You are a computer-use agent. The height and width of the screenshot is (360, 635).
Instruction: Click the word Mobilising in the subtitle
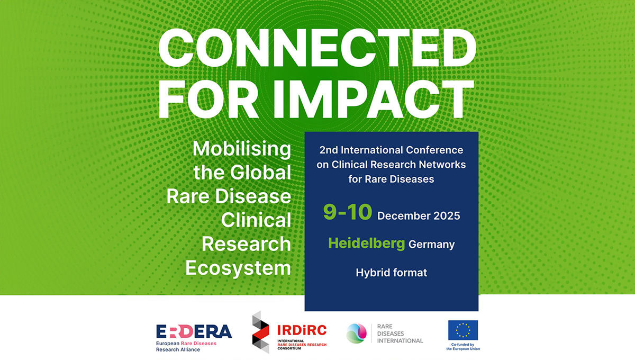(x=242, y=149)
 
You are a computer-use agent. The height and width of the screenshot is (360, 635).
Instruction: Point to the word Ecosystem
(x=238, y=268)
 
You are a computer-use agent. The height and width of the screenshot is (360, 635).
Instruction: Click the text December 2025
(x=419, y=216)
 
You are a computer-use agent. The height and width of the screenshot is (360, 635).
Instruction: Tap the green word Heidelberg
(x=367, y=243)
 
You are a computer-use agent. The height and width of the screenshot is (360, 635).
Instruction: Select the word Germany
(x=432, y=245)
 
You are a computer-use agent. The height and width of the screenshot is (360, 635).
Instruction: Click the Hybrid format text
(x=391, y=273)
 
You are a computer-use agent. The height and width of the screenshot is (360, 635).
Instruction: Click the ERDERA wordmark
(x=194, y=331)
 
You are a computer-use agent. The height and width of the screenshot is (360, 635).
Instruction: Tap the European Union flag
(x=462, y=330)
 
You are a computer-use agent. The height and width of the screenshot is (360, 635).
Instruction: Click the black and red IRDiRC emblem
(x=261, y=332)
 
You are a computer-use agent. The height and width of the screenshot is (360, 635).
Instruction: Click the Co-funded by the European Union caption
(x=462, y=347)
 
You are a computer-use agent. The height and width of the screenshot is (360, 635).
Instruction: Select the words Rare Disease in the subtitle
(x=229, y=196)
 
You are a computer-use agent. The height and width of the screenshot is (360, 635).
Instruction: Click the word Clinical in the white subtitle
(x=256, y=220)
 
